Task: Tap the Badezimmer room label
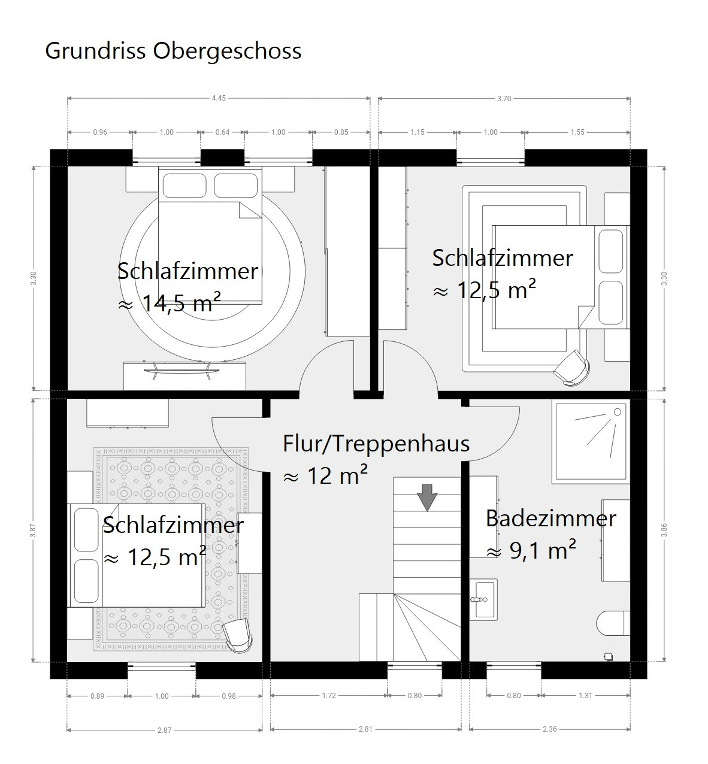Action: coord(551,519)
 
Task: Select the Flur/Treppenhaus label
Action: coord(376,444)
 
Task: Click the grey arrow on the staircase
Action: coord(427,498)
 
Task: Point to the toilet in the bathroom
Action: coord(613,623)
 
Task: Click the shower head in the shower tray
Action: coord(617,412)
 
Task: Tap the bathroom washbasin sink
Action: coord(483,599)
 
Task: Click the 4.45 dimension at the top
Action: coord(219,98)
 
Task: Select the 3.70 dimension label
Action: coord(504,98)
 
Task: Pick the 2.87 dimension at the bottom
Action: coord(164,730)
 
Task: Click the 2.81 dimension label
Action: coord(365,729)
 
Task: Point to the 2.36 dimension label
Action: coord(550,729)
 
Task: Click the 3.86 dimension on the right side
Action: coord(664,530)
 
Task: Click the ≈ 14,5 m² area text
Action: coord(170,303)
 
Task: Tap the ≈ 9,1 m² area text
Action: coord(531,550)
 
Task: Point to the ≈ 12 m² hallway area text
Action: coord(325,475)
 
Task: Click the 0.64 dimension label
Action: coord(223,132)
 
